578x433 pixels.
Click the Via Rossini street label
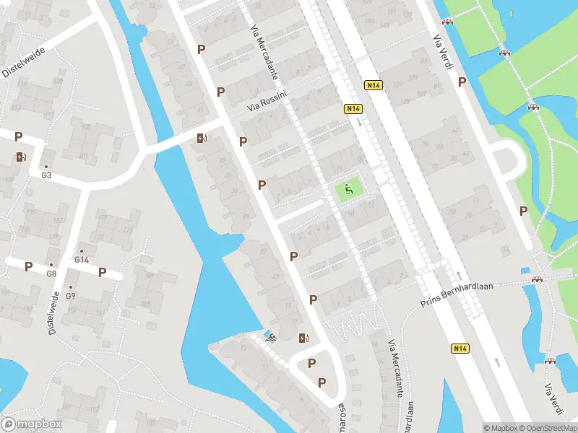pyautogui.click(x=267, y=100)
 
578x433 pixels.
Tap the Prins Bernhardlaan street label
pyautogui.click(x=456, y=294)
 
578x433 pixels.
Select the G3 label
pyautogui.click(x=46, y=175)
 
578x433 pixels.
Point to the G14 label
pyautogui.click(x=82, y=260)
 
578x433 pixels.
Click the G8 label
pyautogui.click(x=51, y=274)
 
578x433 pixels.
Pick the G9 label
pyautogui.click(x=71, y=296)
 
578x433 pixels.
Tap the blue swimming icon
pyautogui.click(x=269, y=336)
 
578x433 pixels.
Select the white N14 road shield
pyautogui.click(x=373, y=84)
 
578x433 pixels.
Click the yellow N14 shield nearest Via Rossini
pyautogui.click(x=353, y=109)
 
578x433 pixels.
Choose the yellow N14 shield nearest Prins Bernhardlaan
pyautogui.click(x=460, y=348)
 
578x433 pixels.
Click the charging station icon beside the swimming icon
pyautogui.click(x=304, y=337)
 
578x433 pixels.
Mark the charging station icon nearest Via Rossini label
pyautogui.click(x=202, y=139)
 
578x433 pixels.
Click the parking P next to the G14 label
pyautogui.click(x=103, y=272)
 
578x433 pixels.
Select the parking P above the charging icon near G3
pyautogui.click(x=19, y=136)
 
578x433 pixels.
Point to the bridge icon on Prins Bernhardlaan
pyautogui.click(x=537, y=279)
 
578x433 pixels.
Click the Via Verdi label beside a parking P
pyautogui.click(x=443, y=52)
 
